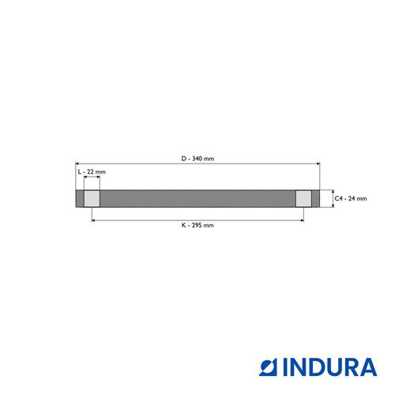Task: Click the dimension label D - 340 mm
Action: click(197, 159)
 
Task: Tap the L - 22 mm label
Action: click(92, 171)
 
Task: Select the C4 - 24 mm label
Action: click(351, 198)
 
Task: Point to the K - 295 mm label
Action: click(197, 225)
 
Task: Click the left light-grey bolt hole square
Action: click(92, 198)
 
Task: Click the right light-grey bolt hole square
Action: click(303, 198)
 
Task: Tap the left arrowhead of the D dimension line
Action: click(77, 164)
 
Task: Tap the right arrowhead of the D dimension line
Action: click(318, 164)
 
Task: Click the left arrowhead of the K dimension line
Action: click(93, 220)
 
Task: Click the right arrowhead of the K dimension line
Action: click(302, 220)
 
